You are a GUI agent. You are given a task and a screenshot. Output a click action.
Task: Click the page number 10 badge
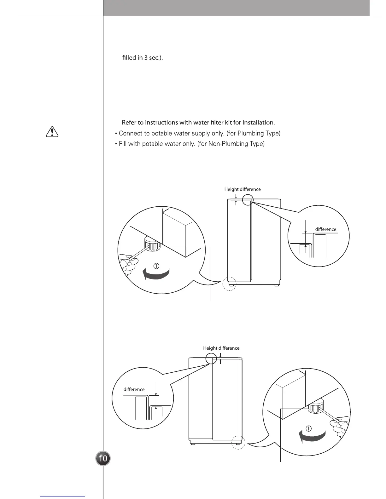pos(103,458)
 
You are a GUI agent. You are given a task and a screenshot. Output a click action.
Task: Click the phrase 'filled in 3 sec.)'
pos(142,58)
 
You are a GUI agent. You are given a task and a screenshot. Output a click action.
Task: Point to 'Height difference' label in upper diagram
pos(243,189)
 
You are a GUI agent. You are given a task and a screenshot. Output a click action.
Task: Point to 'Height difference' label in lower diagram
pos(221,348)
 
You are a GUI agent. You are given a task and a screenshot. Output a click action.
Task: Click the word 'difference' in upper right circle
pos(326,229)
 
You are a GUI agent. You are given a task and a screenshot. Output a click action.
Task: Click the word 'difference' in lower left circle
pos(134,389)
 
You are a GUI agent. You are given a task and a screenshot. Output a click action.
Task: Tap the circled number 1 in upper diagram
pos(156,266)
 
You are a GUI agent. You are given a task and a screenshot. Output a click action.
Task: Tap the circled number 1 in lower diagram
pos(309,428)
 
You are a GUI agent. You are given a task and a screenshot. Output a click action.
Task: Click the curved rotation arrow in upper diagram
pos(156,275)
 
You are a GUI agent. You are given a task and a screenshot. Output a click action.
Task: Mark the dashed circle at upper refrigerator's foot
pos(230,284)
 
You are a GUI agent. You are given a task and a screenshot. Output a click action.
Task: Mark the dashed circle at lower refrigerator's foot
pos(238,442)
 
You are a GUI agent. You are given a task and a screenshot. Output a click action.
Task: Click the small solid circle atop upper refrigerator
pos(248,200)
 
